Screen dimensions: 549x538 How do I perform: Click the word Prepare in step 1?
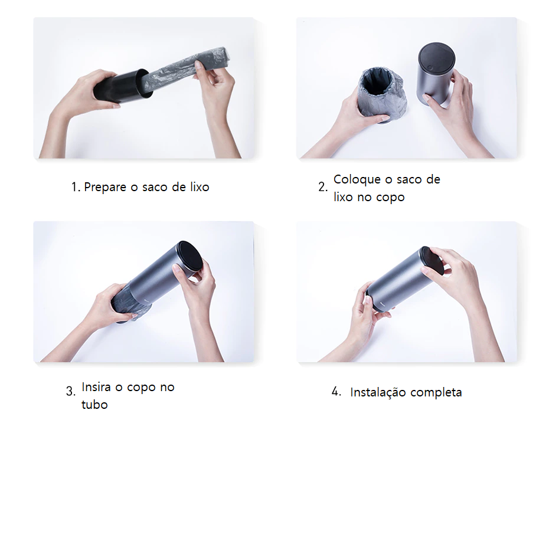[105, 187]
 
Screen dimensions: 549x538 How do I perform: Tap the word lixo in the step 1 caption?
[200, 187]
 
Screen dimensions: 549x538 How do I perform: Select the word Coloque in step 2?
[357, 179]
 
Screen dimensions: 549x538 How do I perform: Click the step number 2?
[323, 187]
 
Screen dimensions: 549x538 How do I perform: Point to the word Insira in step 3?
[96, 387]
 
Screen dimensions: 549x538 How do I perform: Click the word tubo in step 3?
[94, 404]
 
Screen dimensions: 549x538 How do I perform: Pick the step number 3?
[70, 391]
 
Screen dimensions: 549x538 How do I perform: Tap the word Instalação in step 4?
[377, 392]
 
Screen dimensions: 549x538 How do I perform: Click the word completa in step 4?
[436, 392]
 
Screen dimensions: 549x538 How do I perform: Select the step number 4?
[336, 391]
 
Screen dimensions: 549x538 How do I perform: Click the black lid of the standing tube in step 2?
[437, 57]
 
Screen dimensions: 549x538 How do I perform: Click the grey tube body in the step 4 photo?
[399, 280]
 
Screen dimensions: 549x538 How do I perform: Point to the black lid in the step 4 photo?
[433, 260]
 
